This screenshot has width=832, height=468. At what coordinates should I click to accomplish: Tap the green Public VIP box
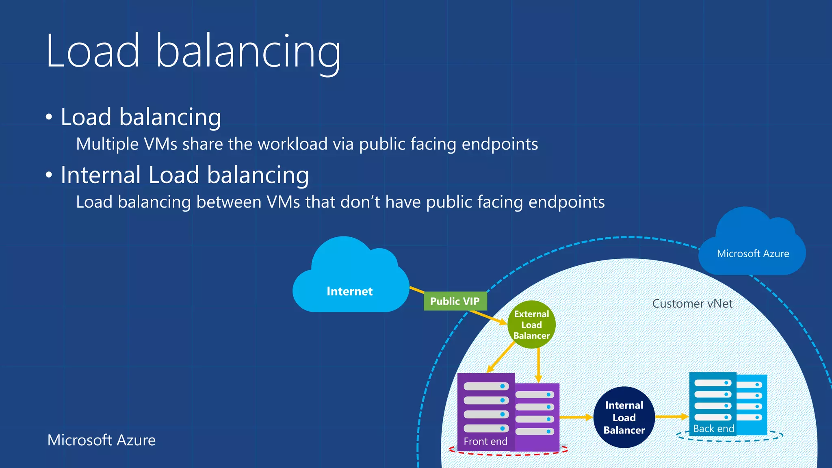point(455,301)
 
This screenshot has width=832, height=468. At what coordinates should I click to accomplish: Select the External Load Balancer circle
point(531,325)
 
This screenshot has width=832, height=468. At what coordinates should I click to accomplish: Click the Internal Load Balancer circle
point(624,418)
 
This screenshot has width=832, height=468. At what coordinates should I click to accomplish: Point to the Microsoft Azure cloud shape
point(752,248)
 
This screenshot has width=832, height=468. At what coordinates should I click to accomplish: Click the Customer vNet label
point(692,303)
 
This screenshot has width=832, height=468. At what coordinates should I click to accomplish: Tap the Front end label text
point(485,441)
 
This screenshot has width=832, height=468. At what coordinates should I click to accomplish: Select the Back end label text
point(713,429)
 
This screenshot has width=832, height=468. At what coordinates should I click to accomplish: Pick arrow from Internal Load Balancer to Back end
point(671,416)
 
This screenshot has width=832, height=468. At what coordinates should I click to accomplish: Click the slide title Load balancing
point(193,52)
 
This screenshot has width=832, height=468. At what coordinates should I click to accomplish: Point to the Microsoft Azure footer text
point(102,440)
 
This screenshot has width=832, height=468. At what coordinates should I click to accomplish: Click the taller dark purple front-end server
point(486,406)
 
